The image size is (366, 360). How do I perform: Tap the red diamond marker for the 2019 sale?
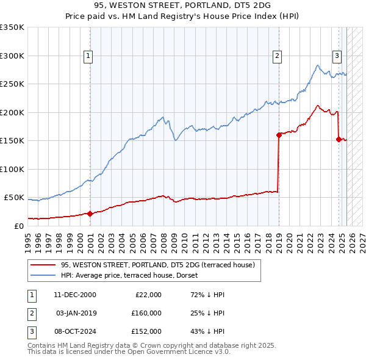pos(279,135)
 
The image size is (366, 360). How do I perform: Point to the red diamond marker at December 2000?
pos(90,214)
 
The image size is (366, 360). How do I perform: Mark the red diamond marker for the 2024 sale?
pos(339,140)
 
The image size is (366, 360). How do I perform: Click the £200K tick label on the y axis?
pos(12,112)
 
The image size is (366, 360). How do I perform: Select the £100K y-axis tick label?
pos(12,169)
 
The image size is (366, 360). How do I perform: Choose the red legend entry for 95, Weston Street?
pos(161,265)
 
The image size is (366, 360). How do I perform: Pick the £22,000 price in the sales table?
pos(148,295)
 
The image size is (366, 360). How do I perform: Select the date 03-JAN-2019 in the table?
pos(76,313)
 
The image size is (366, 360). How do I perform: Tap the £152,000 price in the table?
pos(146,331)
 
